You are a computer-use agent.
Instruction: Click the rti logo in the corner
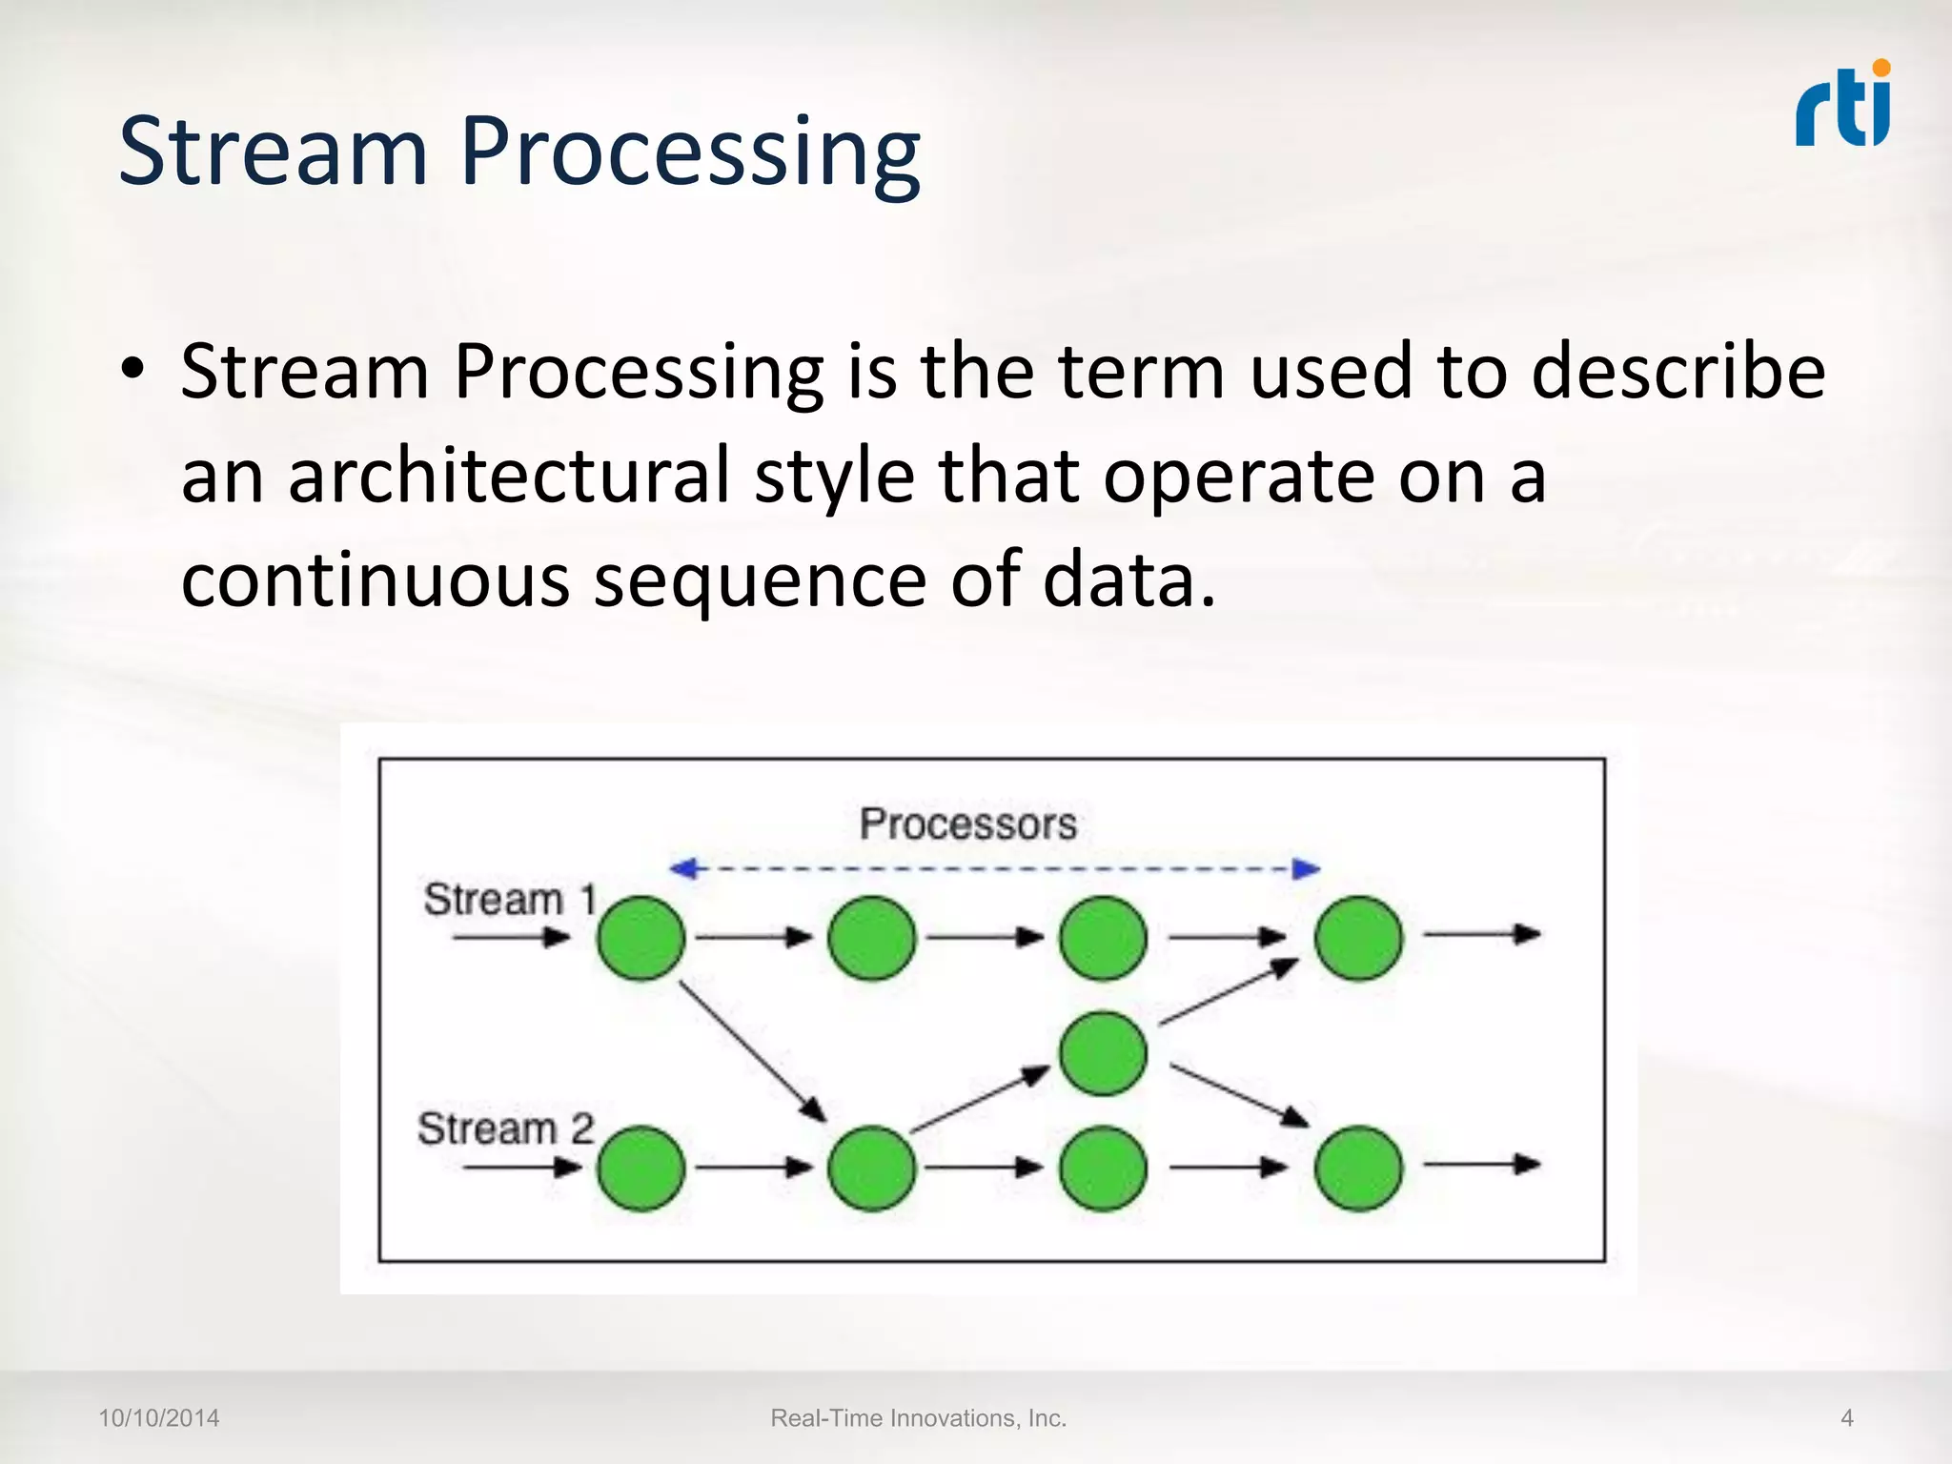[x=1843, y=107]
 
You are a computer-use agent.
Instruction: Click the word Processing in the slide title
[x=690, y=152]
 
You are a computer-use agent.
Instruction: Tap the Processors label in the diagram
[x=967, y=824]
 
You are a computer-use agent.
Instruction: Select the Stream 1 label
[x=509, y=900]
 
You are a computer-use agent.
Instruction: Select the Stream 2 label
[x=505, y=1129]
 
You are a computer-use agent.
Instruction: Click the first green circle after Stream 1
[x=640, y=938]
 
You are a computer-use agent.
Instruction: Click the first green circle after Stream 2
[x=640, y=1168]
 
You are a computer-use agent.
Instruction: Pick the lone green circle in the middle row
[x=1103, y=1053]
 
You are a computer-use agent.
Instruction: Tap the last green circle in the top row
[x=1358, y=938]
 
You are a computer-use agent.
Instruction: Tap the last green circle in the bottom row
[x=1358, y=1168]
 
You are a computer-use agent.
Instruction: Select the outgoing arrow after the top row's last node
[x=1481, y=935]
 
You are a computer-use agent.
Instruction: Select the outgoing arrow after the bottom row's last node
[x=1481, y=1165]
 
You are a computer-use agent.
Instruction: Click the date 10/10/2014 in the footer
[x=159, y=1418]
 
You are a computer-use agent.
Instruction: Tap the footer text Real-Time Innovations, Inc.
[x=918, y=1418]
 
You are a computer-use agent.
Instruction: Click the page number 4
[x=1846, y=1418]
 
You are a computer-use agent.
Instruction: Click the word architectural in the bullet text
[x=508, y=476]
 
